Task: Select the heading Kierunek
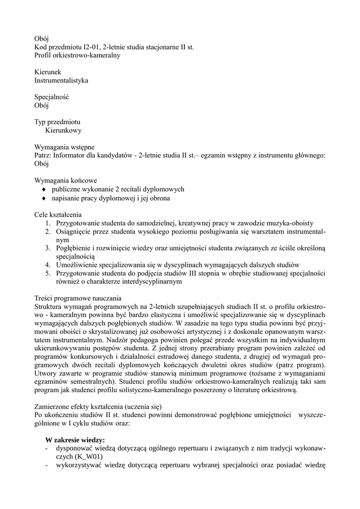48,72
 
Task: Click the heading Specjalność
51,97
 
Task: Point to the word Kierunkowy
63,130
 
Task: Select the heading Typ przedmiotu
57,122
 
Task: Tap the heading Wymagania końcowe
65,180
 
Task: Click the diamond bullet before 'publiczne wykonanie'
44,189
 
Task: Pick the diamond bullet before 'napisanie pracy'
44,198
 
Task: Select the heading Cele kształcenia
58,214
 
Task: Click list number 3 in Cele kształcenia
48,248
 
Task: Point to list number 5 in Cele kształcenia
48,273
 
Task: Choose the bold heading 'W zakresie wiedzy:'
75,440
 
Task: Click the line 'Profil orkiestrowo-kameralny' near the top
77,55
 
